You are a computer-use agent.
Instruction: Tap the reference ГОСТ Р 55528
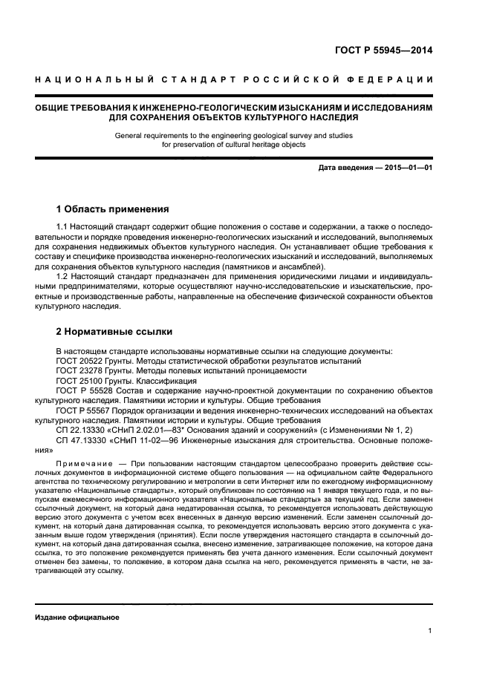click(x=85, y=390)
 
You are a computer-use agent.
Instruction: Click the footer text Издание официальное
click(x=77, y=617)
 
